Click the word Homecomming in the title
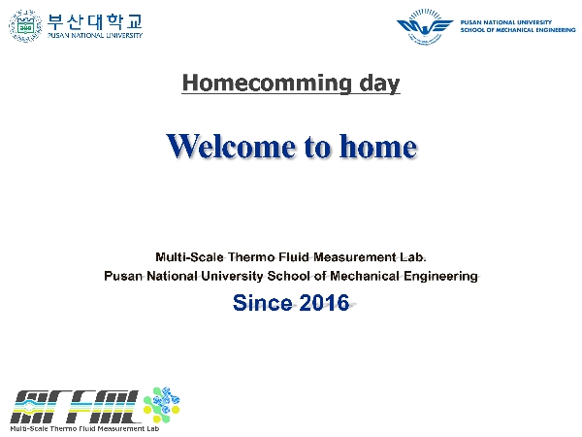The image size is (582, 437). pyautogui.click(x=267, y=83)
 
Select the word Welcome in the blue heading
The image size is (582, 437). pyautogui.click(x=231, y=146)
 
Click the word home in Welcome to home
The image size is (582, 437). pyautogui.click(x=378, y=146)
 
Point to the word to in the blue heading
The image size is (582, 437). pyautogui.click(x=317, y=147)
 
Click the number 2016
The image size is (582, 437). pyautogui.click(x=324, y=302)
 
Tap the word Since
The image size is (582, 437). pyautogui.click(x=263, y=302)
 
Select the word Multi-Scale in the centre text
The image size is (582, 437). pyautogui.click(x=189, y=257)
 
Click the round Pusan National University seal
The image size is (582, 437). pyautogui.click(x=25, y=26)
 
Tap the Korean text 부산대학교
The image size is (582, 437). pyautogui.click(x=95, y=22)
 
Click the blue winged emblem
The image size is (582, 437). pyautogui.click(x=425, y=27)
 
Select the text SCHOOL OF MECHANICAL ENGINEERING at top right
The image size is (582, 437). pyautogui.click(x=518, y=30)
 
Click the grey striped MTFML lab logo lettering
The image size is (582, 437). pyautogui.click(x=75, y=406)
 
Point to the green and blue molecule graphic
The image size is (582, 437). pyautogui.click(x=162, y=404)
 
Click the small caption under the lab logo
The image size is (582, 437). pyautogui.click(x=84, y=429)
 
